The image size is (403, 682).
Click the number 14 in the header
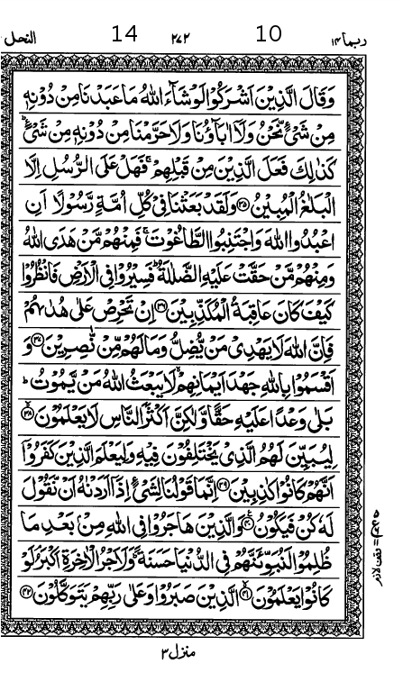click(124, 34)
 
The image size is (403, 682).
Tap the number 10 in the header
click(269, 34)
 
